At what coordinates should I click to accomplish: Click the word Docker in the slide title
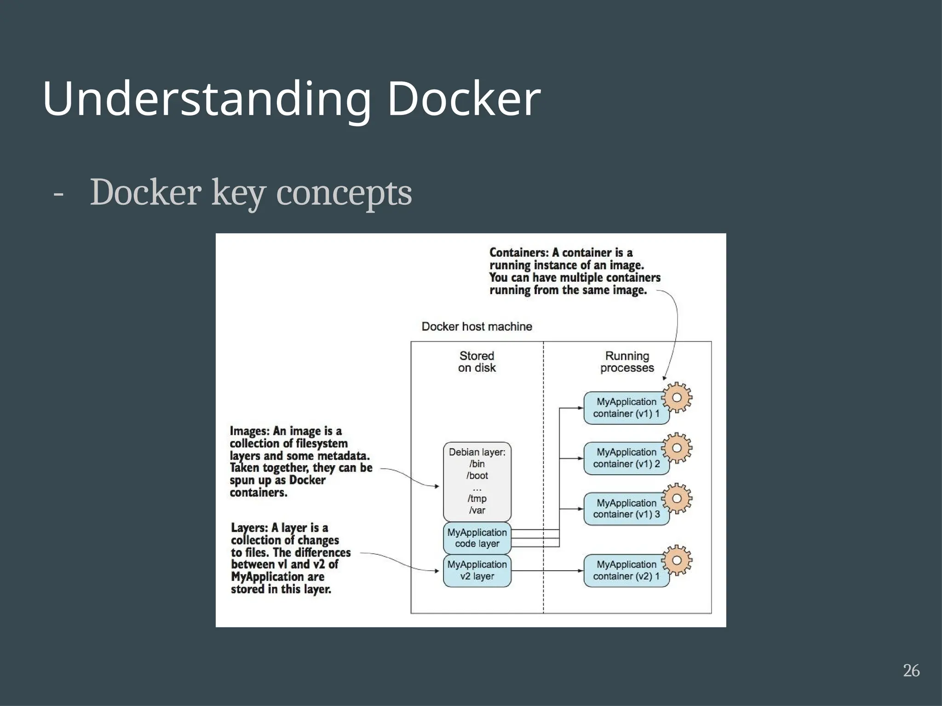coord(464,99)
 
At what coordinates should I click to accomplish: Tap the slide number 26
coord(911,671)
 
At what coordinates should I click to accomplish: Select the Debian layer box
coord(477,481)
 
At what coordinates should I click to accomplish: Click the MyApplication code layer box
coord(477,538)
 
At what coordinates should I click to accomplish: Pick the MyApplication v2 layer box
coord(477,570)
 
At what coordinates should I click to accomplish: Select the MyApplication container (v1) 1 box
coord(626,408)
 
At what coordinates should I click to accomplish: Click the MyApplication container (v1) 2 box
coord(626,458)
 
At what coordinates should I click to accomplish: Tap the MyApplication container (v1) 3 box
coord(626,509)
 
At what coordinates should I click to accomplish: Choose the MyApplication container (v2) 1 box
coord(626,570)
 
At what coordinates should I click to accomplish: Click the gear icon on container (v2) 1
coord(677,560)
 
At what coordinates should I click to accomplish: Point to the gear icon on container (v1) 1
coord(677,397)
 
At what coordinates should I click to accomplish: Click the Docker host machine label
coord(477,326)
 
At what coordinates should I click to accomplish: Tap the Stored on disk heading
coord(477,362)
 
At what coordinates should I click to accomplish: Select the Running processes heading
coord(627,362)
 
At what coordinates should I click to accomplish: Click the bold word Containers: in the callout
coord(519,253)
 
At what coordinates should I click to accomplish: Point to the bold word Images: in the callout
coord(250,431)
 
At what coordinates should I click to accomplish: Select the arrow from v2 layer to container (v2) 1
coord(547,571)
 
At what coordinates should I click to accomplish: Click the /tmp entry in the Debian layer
coord(477,499)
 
